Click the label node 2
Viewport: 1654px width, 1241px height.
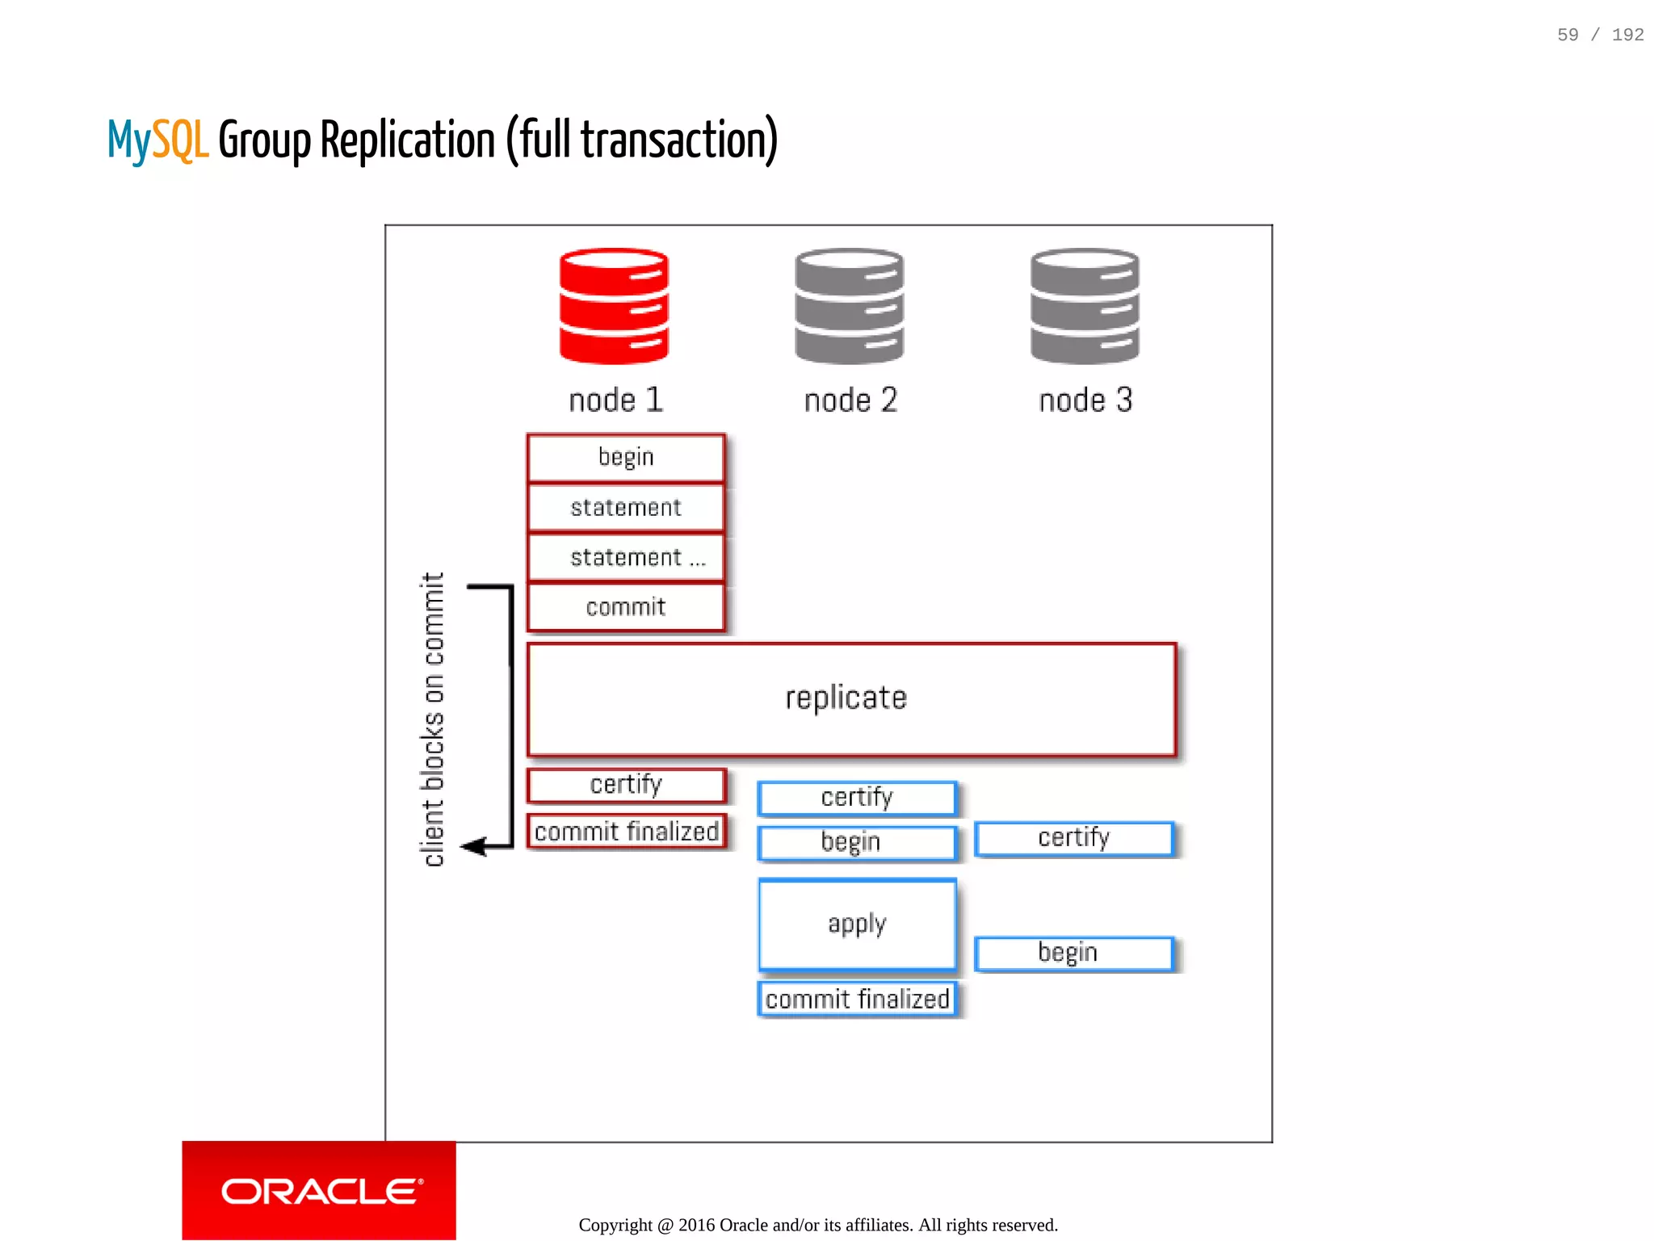click(x=850, y=400)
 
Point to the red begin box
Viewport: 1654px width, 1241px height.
click(x=626, y=458)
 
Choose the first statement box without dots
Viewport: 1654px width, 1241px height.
click(x=626, y=508)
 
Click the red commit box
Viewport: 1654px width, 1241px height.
click(x=626, y=607)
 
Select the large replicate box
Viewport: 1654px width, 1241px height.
click(x=851, y=699)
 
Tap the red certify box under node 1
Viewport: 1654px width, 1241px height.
click(x=626, y=785)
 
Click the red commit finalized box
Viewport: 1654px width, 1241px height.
click(x=626, y=831)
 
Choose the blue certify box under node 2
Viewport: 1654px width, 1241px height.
click(x=857, y=798)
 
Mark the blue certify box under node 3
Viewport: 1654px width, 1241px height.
click(x=1073, y=838)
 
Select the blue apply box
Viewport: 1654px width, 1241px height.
click(x=857, y=924)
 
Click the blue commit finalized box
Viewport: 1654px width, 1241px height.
click(x=857, y=1000)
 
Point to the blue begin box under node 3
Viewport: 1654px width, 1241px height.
click(x=1073, y=954)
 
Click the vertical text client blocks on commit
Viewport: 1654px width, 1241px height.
click(x=433, y=719)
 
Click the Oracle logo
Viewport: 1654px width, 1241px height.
click(x=320, y=1191)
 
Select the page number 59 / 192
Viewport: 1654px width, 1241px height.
click(x=1600, y=35)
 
